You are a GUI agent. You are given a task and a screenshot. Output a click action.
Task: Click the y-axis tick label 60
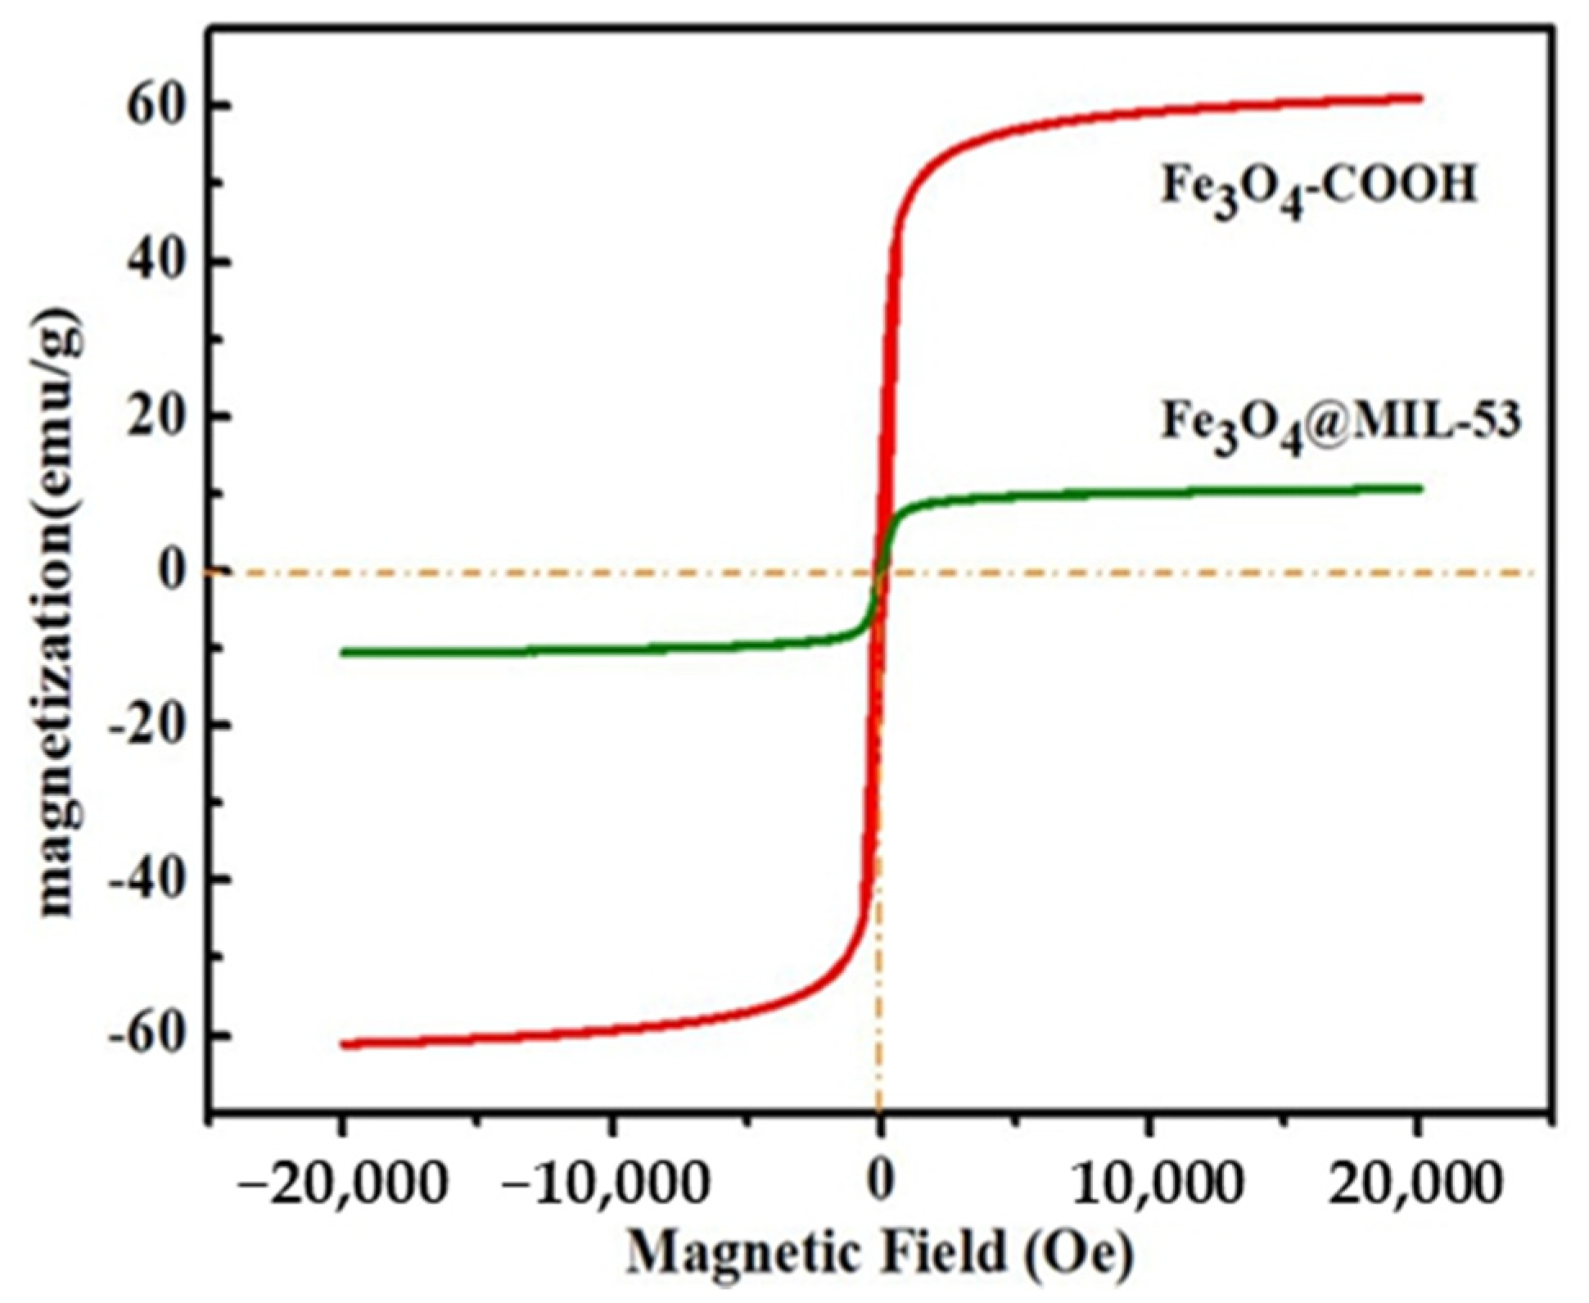pos(156,108)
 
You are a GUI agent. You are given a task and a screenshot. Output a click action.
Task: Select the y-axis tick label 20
pos(156,417)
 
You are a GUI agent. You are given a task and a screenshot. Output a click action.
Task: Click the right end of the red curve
pos(1421,98)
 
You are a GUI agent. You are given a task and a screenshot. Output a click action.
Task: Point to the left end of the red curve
pos(343,1043)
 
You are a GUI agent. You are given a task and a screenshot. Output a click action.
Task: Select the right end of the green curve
pos(1421,489)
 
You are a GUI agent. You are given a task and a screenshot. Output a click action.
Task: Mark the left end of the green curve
pos(343,653)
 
